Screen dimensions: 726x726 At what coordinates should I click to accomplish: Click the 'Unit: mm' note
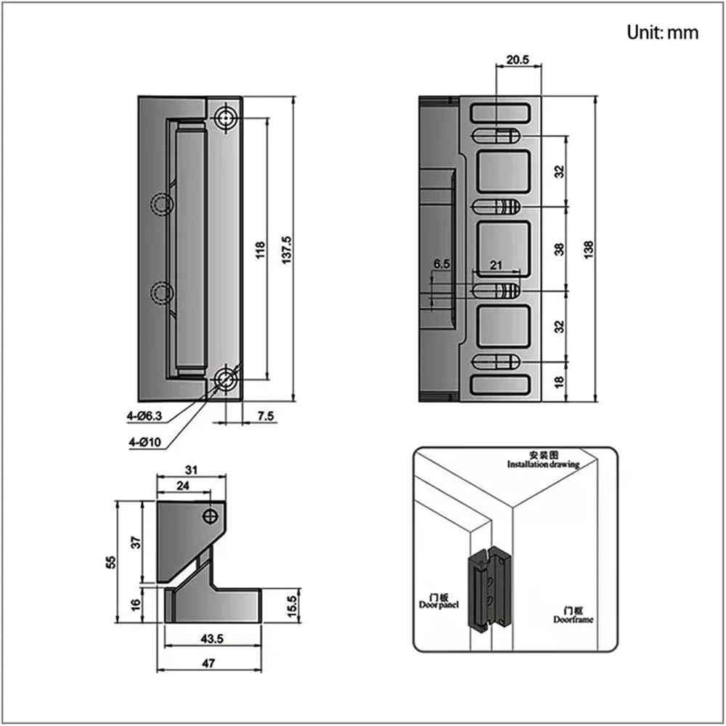pos(662,33)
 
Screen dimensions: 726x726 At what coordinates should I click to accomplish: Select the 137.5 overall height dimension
pos(287,250)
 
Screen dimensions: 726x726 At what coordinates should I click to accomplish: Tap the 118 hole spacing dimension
pos(261,250)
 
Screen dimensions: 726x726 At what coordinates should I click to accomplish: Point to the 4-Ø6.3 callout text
pos(144,416)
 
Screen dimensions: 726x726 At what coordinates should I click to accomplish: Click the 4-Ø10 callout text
pos(145,442)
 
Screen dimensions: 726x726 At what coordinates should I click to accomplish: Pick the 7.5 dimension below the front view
pos(265,416)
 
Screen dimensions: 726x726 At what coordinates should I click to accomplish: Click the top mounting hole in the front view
pos(226,118)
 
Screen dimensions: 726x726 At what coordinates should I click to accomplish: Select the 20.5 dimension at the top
pos(517,60)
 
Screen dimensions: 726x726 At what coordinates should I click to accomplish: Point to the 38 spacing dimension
pos(560,249)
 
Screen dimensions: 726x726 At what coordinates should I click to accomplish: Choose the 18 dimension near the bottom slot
pos(559,382)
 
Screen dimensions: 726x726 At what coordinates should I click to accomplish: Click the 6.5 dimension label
pos(441,264)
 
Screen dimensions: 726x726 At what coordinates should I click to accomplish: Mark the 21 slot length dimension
pos(496,265)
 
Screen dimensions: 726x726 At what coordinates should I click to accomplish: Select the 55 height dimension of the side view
pos(111,562)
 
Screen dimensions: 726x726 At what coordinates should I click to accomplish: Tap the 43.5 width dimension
pos(212,639)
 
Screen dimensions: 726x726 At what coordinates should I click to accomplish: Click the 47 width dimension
pos(209,664)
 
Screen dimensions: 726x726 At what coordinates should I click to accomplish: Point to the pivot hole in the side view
pos(211,515)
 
